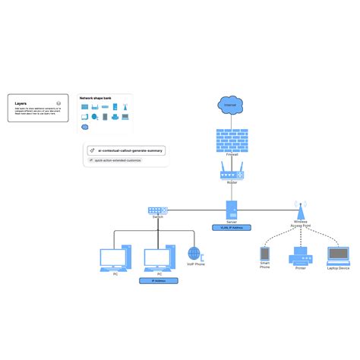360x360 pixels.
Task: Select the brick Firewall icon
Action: point(227,140)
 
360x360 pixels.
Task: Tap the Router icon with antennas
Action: point(229,172)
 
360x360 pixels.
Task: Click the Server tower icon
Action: point(231,210)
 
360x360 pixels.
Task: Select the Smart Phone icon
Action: point(265,254)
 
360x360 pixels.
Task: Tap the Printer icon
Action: point(299,257)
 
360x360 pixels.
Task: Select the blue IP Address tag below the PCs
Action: point(159,280)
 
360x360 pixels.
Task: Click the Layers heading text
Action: point(21,103)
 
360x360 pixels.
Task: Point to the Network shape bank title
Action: point(96,99)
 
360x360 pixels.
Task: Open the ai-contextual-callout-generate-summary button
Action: point(126,151)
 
